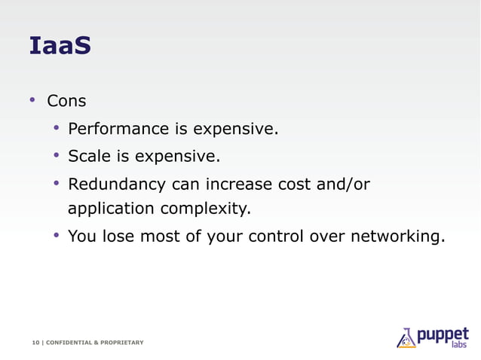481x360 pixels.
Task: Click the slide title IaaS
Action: [60, 46]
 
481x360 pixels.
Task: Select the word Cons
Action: [66, 101]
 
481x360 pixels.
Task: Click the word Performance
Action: [118, 130]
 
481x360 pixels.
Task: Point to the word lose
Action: [116, 236]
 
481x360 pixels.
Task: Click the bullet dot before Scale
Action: [56, 156]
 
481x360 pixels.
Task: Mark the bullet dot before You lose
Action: [56, 236]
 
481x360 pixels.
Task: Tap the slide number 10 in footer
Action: [35, 343]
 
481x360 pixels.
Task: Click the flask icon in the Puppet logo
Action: [406, 337]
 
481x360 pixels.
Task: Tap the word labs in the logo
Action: [459, 345]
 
